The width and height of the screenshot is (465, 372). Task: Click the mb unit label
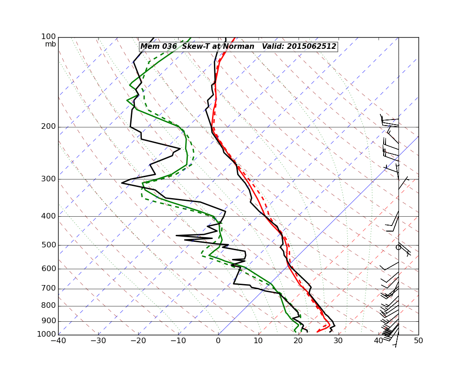tap(51, 44)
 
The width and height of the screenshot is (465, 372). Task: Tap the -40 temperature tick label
tap(58, 341)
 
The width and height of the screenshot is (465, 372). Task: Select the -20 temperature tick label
tap(138, 341)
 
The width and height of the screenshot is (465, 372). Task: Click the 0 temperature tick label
tap(219, 341)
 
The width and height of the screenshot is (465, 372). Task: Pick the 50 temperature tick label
tap(418, 341)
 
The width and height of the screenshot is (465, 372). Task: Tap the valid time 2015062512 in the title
tap(311, 46)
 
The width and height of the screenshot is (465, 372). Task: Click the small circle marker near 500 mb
tap(398, 247)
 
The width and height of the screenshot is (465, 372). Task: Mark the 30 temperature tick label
tap(339, 341)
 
